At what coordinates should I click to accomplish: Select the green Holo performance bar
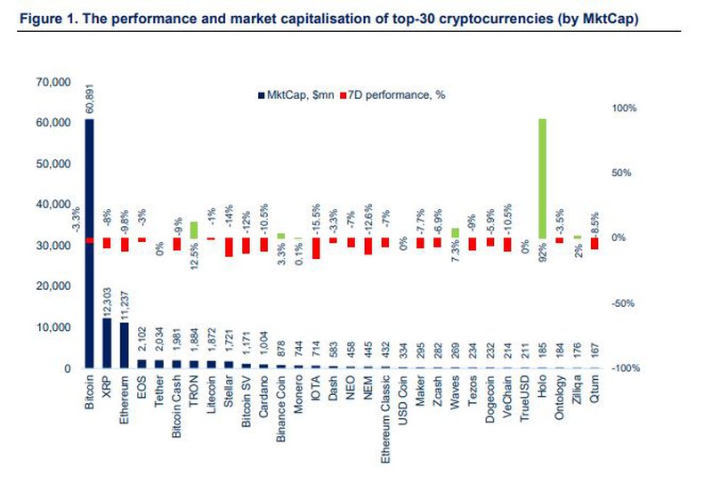point(542,178)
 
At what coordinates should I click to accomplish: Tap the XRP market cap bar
point(107,343)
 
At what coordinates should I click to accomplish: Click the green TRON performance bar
point(193,230)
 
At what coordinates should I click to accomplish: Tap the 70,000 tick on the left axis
point(52,82)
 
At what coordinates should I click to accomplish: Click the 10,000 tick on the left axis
point(52,327)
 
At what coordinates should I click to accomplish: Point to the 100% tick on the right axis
point(623,109)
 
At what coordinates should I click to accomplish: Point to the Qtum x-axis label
point(594,387)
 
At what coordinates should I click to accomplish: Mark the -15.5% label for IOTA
point(315,217)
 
